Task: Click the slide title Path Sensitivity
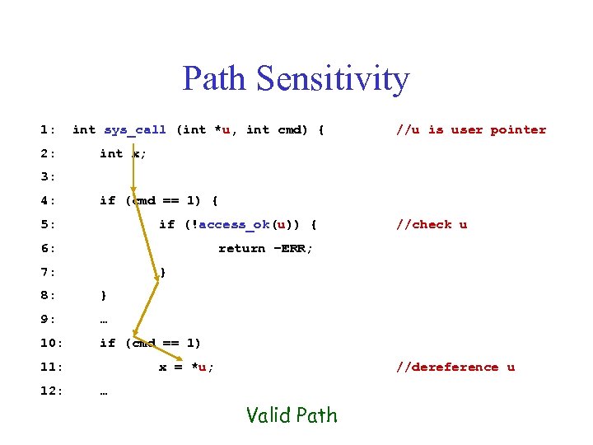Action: click(296, 79)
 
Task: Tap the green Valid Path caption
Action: click(292, 415)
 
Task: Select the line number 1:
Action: click(48, 129)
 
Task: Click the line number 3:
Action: click(48, 176)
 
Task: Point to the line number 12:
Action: click(51, 391)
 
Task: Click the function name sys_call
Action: click(135, 129)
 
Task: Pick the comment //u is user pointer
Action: click(470, 129)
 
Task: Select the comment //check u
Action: click(431, 224)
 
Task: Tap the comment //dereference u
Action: click(455, 367)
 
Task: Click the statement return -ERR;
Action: click(265, 248)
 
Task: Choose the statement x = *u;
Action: click(186, 367)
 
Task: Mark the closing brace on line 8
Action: click(103, 295)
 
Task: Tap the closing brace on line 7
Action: click(163, 272)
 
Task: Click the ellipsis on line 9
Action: click(104, 320)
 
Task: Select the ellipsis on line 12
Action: click(104, 391)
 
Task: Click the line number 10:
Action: click(51, 343)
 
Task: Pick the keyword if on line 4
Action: click(107, 200)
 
